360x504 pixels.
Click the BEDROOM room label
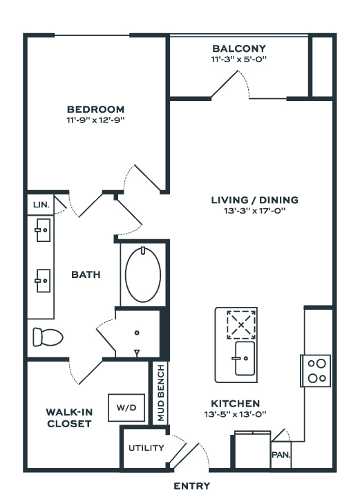pos(95,109)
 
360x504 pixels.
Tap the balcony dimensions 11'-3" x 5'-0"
pos(239,59)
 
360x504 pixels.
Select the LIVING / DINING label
pos(255,200)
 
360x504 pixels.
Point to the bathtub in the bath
pos(143,274)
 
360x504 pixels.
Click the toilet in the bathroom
pos(48,337)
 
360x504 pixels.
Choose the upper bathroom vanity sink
pos(43,230)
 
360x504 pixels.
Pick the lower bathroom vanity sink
pos(43,281)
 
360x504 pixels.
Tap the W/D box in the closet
pos(126,408)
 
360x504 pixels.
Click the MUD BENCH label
pos(161,393)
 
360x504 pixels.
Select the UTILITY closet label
pos(146,448)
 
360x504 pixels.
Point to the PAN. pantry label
pos(281,455)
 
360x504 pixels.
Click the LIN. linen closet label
pos(41,205)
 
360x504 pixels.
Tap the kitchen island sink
pos(245,358)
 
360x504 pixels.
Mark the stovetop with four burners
pos(316,371)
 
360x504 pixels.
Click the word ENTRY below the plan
pos(191,486)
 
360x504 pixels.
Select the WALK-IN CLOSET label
pos(69,418)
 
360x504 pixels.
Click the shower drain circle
pos(137,333)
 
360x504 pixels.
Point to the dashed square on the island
pos(241,325)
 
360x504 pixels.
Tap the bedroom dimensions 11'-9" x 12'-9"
pos(95,120)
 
